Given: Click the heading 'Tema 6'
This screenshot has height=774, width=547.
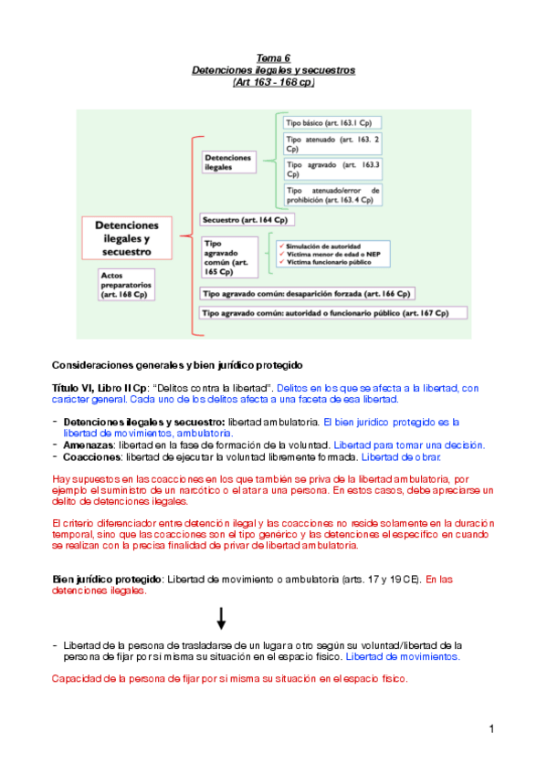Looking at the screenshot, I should [x=273, y=57].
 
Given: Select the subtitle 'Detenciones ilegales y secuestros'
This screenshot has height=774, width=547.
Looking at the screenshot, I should [x=273, y=69].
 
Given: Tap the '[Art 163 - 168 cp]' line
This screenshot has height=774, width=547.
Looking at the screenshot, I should [x=273, y=82].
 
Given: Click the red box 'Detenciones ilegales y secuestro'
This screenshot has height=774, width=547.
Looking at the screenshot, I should [x=127, y=237].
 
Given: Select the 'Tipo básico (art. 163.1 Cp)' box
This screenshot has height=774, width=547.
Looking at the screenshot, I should [x=332, y=122].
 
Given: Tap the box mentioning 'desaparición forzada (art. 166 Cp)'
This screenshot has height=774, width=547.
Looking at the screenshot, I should [x=307, y=293].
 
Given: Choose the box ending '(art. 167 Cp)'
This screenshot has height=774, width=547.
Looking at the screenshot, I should [x=333, y=313].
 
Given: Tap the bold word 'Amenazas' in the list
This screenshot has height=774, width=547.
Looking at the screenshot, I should [x=89, y=445].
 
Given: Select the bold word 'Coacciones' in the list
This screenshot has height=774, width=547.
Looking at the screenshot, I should [x=91, y=456].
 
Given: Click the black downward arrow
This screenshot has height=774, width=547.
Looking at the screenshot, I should [x=221, y=619].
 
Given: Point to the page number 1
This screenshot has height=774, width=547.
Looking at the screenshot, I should [x=490, y=728].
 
